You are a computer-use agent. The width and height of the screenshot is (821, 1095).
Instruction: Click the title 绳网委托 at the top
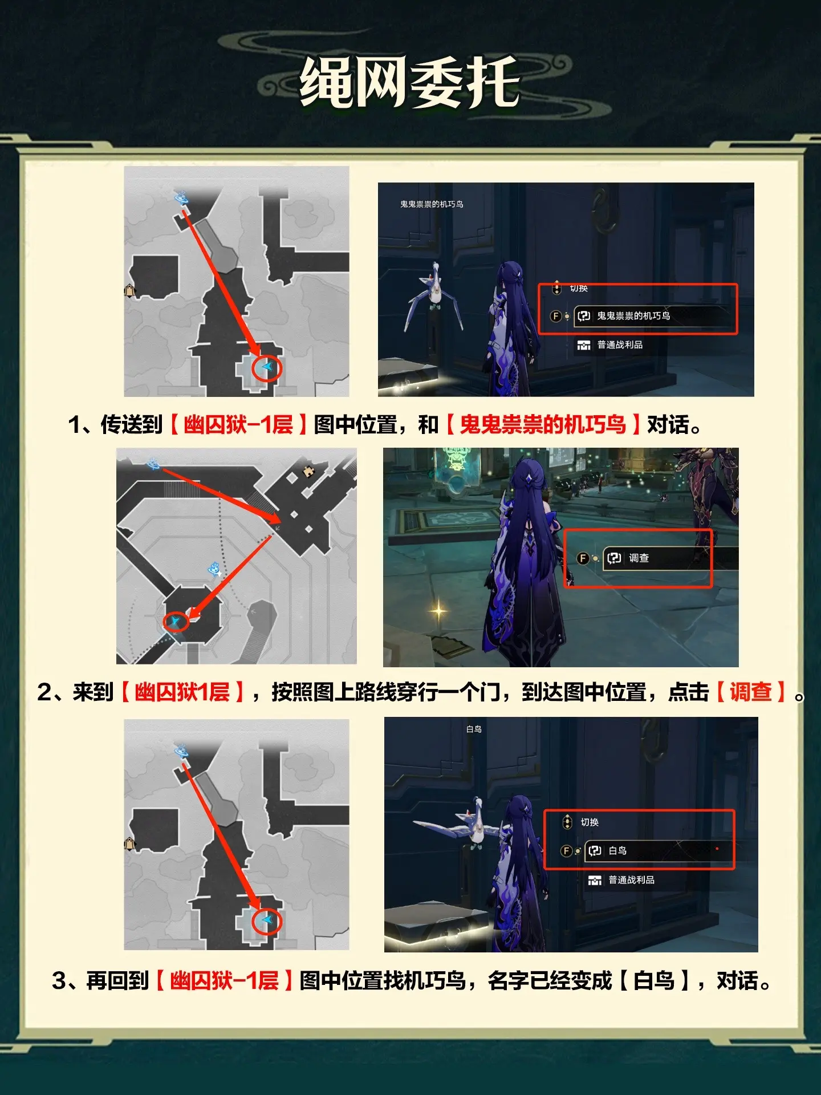[410, 82]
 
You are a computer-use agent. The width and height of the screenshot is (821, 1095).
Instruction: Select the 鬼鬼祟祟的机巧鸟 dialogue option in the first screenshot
[633, 315]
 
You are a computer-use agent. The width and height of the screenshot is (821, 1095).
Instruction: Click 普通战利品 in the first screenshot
[620, 344]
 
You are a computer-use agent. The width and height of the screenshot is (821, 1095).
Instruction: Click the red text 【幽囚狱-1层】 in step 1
[238, 424]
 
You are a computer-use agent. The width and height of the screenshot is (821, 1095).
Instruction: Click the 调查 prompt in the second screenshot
[639, 558]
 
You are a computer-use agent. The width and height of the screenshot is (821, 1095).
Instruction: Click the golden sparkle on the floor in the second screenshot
[438, 611]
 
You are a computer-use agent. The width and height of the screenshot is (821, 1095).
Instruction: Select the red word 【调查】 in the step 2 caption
[750, 692]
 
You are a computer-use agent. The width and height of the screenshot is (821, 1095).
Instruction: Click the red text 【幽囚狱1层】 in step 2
[182, 692]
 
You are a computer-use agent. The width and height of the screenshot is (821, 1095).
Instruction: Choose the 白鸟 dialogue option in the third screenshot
[617, 850]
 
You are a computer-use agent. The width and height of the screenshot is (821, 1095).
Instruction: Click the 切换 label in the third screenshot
[590, 822]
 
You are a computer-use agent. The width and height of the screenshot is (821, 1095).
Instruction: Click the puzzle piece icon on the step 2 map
[308, 471]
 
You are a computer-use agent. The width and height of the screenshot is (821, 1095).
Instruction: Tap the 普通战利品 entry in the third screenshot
[631, 880]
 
